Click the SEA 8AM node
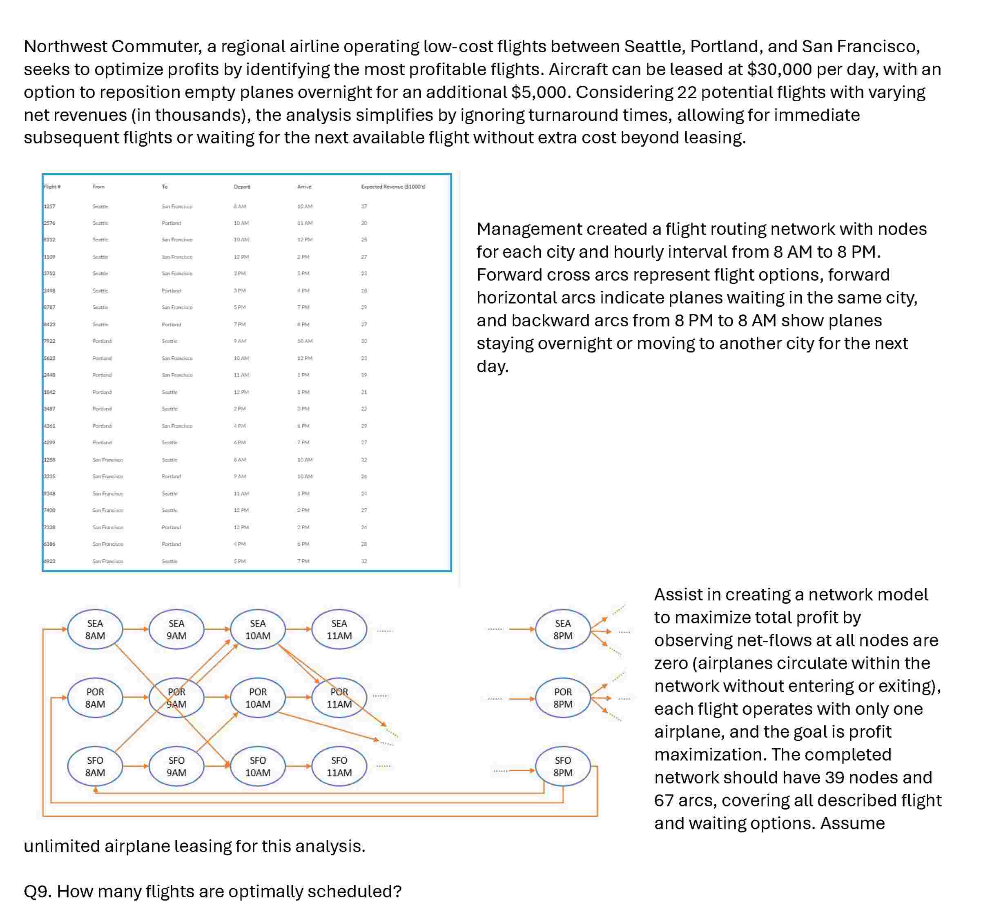click(x=95, y=629)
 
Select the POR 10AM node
click(x=258, y=698)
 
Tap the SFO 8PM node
click(x=562, y=766)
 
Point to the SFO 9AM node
click(x=176, y=766)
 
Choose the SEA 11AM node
click(x=339, y=629)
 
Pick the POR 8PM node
click(x=562, y=698)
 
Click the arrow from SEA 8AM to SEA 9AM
click(x=136, y=629)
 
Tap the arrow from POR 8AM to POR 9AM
click(x=136, y=698)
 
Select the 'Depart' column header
click(x=242, y=187)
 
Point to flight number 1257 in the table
click(x=50, y=206)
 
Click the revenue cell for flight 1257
click(x=364, y=206)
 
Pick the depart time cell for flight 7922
click(x=240, y=341)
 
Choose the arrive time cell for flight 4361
click(x=303, y=426)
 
